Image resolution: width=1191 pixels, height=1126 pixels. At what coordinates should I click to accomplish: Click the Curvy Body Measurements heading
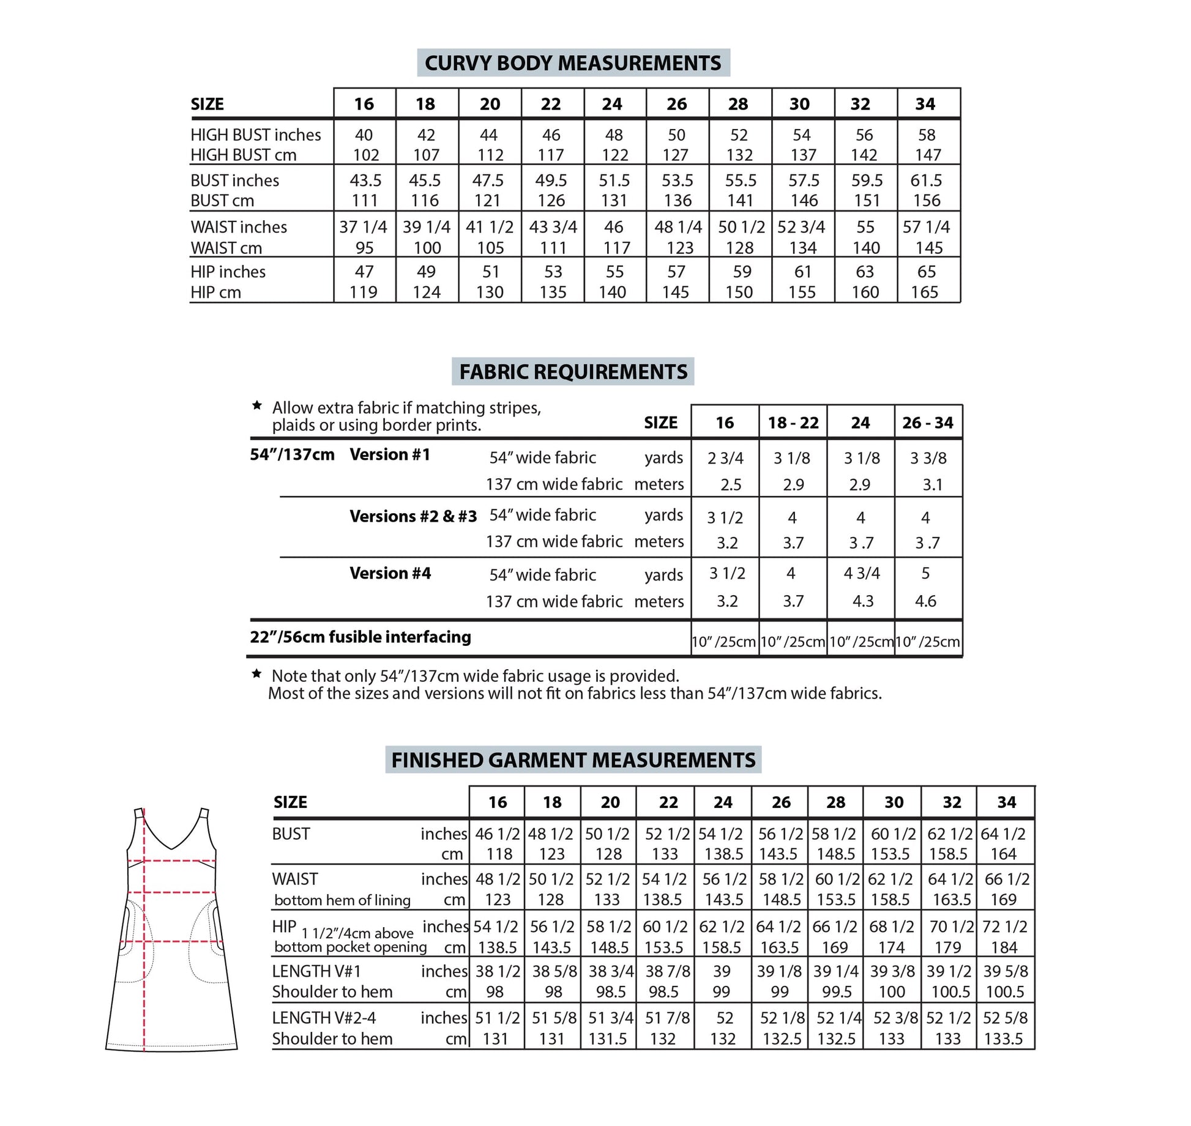click(x=573, y=63)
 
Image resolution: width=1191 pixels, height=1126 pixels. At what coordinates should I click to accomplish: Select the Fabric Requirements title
click(x=573, y=372)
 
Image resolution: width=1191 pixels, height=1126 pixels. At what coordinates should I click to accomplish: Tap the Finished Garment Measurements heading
click(x=573, y=760)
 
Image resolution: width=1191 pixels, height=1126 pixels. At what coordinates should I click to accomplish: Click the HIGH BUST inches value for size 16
click(x=364, y=135)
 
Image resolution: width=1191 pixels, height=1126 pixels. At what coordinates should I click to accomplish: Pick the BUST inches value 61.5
click(x=926, y=180)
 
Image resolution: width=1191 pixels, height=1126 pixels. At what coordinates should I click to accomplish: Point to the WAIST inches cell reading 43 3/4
click(x=553, y=227)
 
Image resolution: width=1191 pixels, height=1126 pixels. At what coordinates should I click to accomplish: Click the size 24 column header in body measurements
click(x=612, y=104)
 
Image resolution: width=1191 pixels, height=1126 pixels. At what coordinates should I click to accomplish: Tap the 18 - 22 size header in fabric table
click(x=793, y=423)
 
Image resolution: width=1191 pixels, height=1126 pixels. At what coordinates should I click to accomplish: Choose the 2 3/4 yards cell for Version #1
click(x=725, y=458)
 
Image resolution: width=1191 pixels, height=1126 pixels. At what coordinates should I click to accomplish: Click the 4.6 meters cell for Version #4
click(x=925, y=601)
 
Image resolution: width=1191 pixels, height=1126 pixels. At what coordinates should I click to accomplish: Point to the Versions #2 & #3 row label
click(x=413, y=516)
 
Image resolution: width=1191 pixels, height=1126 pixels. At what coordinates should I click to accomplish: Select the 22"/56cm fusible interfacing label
click(x=360, y=637)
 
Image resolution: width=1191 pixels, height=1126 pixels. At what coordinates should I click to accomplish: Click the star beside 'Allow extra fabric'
click(x=257, y=406)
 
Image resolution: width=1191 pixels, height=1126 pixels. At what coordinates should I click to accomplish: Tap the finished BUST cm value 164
click(x=1003, y=854)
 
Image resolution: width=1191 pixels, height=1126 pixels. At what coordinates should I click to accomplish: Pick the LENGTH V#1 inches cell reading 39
click(x=722, y=971)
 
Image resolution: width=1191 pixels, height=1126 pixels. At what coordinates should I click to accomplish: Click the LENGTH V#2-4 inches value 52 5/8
click(x=1006, y=1018)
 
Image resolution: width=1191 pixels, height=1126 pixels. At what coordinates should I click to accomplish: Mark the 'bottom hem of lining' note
click(x=342, y=900)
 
